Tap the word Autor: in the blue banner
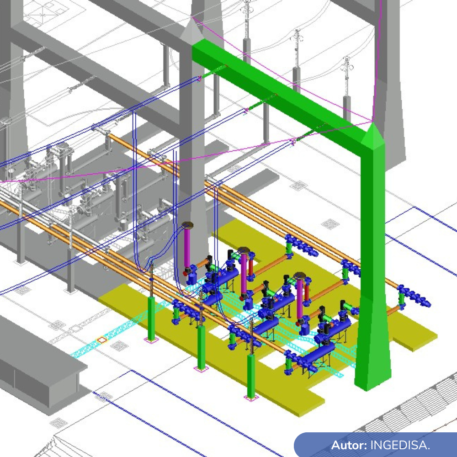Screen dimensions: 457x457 click(349, 445)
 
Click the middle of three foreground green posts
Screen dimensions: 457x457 click(201, 347)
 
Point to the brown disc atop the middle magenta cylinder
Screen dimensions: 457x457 click(244, 250)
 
